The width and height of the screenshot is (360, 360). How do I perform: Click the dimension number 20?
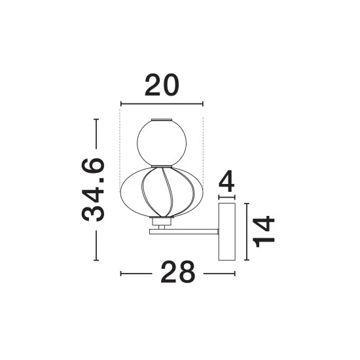(162, 85)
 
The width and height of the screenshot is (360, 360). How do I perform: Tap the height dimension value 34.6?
(93, 190)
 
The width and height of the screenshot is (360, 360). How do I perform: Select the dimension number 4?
(227, 181)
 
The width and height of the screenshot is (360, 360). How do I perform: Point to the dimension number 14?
(263, 232)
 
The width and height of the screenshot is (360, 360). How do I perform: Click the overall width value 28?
(178, 272)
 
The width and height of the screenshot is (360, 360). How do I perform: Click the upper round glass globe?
(162, 143)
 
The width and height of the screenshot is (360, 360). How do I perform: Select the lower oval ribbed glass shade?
(162, 192)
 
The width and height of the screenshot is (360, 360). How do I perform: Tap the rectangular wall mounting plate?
(227, 232)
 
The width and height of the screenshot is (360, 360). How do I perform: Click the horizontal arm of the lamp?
(184, 232)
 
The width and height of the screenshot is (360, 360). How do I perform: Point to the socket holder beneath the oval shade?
(162, 221)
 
